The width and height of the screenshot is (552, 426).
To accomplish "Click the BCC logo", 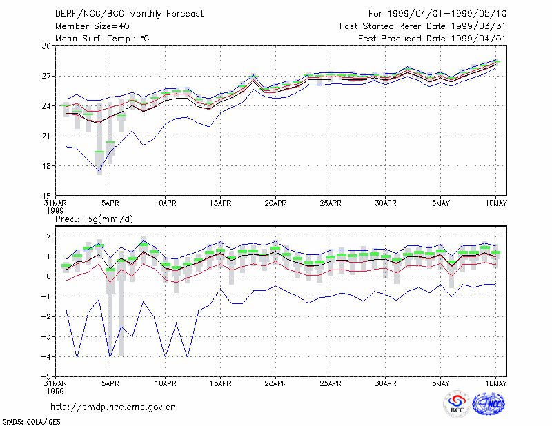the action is click(x=457, y=404).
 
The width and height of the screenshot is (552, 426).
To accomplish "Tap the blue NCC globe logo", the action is click(x=489, y=404).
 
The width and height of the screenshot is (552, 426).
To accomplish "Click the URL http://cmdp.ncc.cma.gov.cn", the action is click(x=113, y=407).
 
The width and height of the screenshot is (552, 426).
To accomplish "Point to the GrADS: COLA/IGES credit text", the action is click(x=31, y=422).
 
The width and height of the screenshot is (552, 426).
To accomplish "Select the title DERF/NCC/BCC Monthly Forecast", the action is click(x=129, y=14).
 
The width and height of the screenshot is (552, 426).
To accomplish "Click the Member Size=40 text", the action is click(x=92, y=26).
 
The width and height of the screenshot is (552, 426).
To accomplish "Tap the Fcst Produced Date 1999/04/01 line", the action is click(x=432, y=39).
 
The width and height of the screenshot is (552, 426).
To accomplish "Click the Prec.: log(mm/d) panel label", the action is click(x=94, y=219).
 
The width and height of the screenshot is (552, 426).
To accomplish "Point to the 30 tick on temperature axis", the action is click(x=47, y=46).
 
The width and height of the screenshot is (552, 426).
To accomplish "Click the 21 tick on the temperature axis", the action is click(x=47, y=136).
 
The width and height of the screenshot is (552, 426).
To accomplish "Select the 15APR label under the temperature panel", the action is click(x=220, y=203).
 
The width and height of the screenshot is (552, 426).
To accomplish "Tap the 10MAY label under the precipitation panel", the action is click(x=495, y=383).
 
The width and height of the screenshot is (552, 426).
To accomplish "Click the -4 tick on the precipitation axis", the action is click(x=46, y=356).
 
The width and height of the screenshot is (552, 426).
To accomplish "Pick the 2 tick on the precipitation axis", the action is click(x=49, y=236).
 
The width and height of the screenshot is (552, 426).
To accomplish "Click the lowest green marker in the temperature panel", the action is click(x=99, y=152).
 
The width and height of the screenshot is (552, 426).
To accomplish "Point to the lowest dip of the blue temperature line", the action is click(x=99, y=171).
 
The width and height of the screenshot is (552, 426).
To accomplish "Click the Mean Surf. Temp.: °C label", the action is click(x=102, y=39).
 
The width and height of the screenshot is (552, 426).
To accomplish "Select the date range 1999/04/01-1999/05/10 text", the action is click(x=447, y=14).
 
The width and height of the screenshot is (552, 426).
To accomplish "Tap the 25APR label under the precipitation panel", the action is click(x=331, y=383).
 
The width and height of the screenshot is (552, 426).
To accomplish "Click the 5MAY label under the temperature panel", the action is click(x=441, y=203).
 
